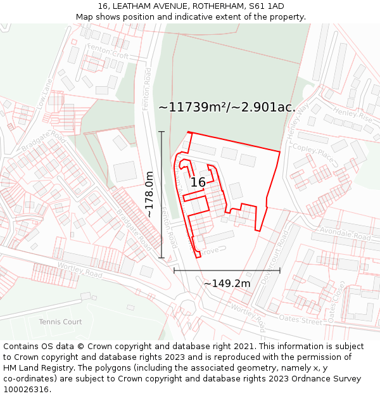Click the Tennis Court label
(60, 322)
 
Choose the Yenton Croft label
(108, 52)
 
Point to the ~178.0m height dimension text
(150, 195)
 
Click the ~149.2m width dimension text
(227, 283)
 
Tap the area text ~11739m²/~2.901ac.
(227, 107)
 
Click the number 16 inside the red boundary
(198, 182)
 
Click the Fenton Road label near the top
(148, 80)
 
